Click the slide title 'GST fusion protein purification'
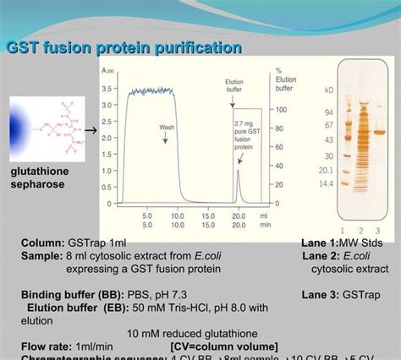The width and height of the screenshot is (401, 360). pyautogui.click(x=124, y=47)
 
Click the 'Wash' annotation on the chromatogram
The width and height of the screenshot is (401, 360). pyautogui.click(x=168, y=128)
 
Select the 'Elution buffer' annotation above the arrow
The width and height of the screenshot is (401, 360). pyautogui.click(x=234, y=86)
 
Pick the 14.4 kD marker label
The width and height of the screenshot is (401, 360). pyautogui.click(x=327, y=183)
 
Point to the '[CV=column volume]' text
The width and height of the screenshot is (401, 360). pyautogui.click(x=223, y=345)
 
